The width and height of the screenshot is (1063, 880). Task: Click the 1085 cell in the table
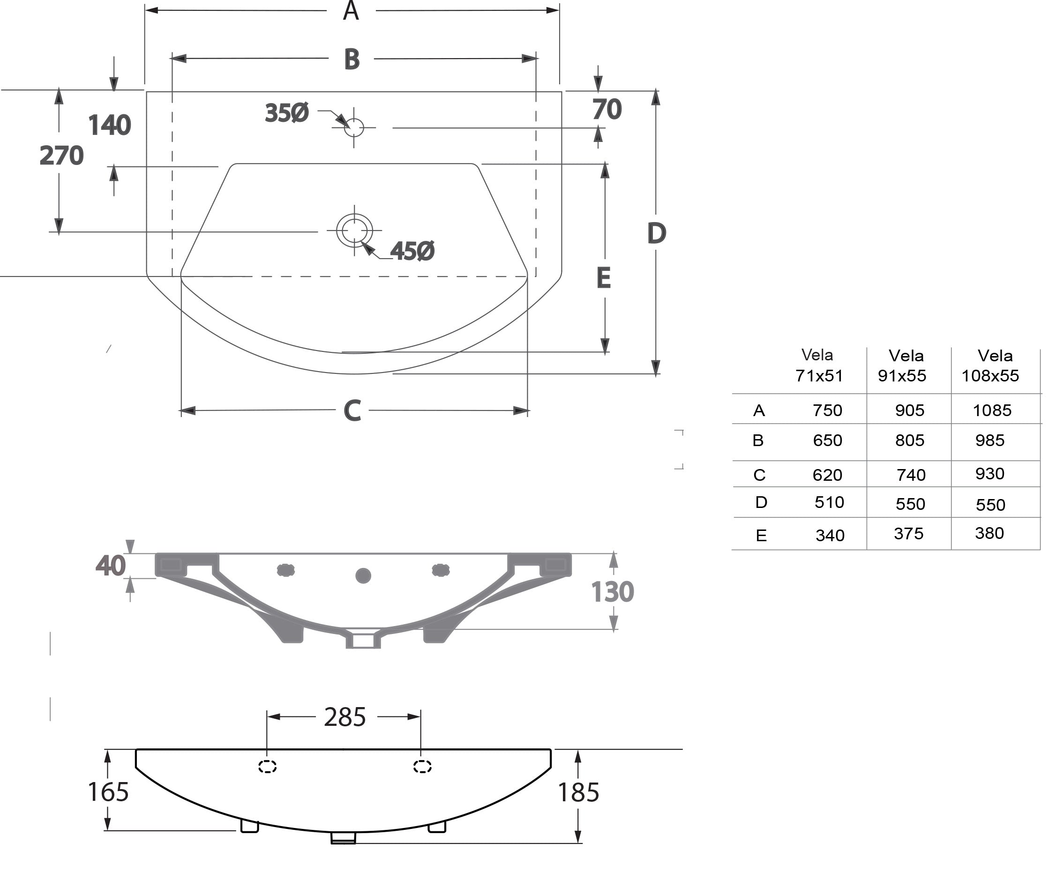pyautogui.click(x=992, y=410)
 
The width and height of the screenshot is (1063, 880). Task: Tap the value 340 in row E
pyautogui.click(x=830, y=536)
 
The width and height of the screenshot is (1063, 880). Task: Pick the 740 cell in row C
pyautogui.click(x=911, y=475)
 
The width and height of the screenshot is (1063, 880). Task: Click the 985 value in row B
pyautogui.click(x=989, y=440)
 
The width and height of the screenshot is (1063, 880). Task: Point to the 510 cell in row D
pyautogui.click(x=829, y=502)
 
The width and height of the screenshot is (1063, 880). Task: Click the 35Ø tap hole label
pyautogui.click(x=286, y=113)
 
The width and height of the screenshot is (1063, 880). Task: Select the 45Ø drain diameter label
pyautogui.click(x=412, y=251)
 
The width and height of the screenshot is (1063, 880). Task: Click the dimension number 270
pyautogui.click(x=62, y=156)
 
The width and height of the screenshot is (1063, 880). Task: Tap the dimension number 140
pyautogui.click(x=109, y=125)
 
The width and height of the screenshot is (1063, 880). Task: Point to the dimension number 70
pyautogui.click(x=607, y=109)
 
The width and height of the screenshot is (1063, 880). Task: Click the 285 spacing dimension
pyautogui.click(x=344, y=717)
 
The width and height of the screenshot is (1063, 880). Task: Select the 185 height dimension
pyautogui.click(x=578, y=792)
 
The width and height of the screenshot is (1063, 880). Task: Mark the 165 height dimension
pyautogui.click(x=108, y=792)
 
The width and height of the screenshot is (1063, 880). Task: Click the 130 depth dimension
pyautogui.click(x=613, y=592)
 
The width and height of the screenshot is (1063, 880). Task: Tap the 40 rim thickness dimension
pyautogui.click(x=110, y=566)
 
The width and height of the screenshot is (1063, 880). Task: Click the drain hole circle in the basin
pyautogui.click(x=354, y=231)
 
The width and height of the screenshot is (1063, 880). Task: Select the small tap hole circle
pyautogui.click(x=354, y=127)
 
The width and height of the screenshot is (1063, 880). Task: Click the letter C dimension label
pyautogui.click(x=352, y=410)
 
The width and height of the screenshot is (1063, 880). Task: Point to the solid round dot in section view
pyautogui.click(x=363, y=576)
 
